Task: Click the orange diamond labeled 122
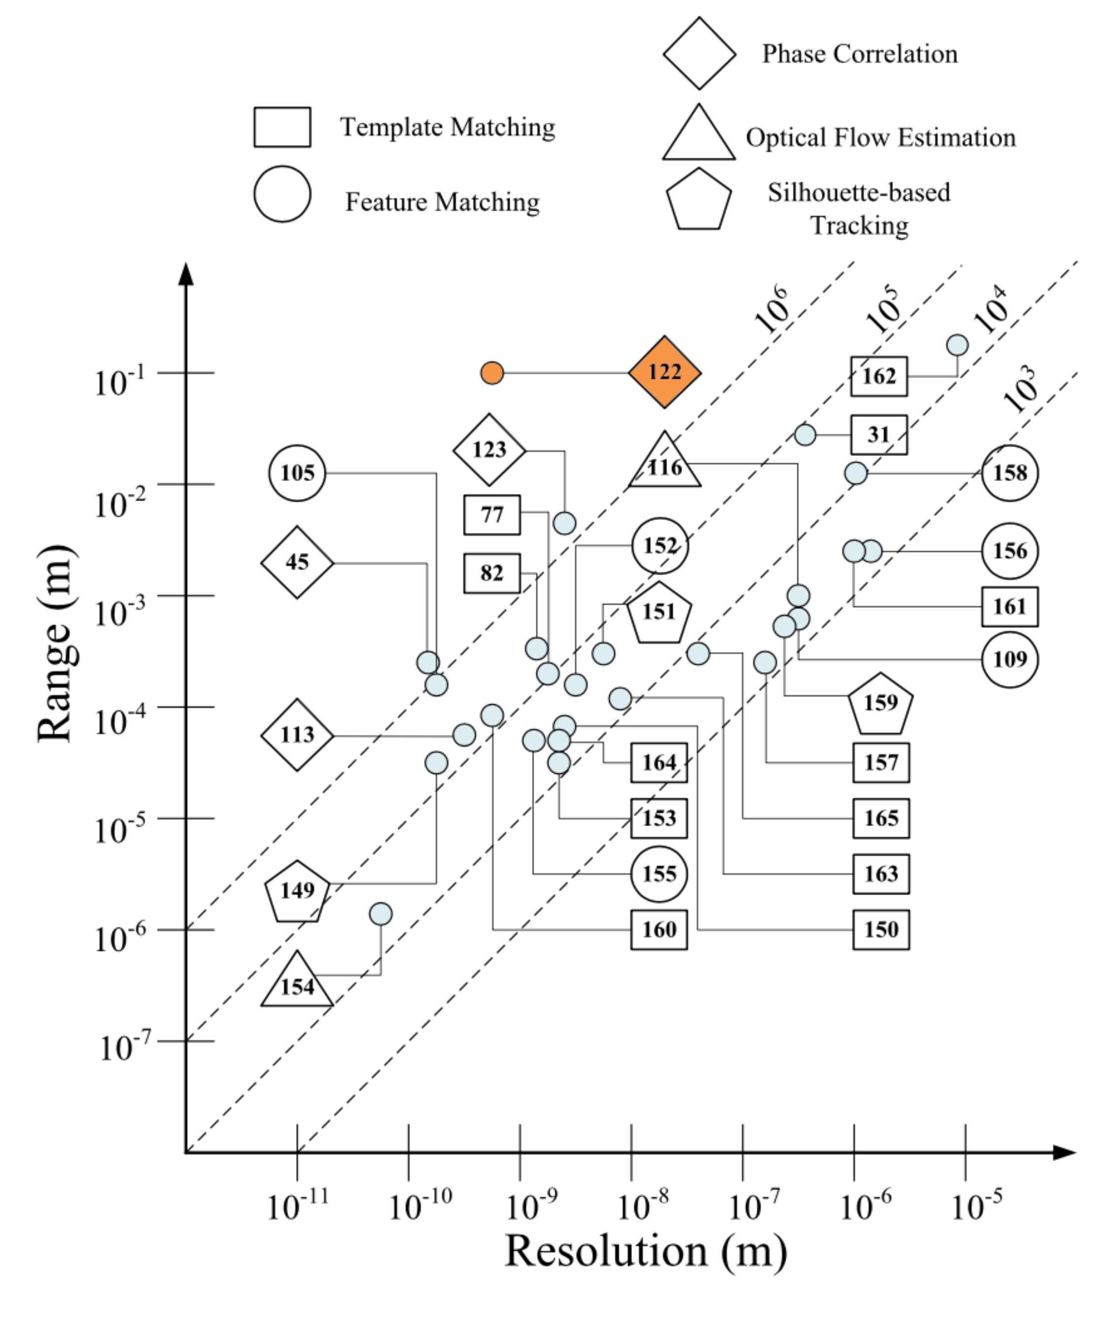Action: [x=665, y=372]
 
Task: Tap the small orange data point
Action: [x=492, y=373]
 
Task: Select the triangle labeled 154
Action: [x=297, y=979]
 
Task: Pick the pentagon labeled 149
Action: [x=297, y=892]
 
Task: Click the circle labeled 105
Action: [x=297, y=473]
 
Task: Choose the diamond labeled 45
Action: [x=297, y=562]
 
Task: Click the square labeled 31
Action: [x=879, y=435]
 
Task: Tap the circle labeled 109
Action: [x=1010, y=660]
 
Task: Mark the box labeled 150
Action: [x=881, y=930]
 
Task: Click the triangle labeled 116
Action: [x=665, y=461]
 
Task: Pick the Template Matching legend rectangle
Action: [x=282, y=127]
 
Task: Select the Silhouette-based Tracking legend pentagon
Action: [x=699, y=199]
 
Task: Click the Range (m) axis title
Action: [x=56, y=643]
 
